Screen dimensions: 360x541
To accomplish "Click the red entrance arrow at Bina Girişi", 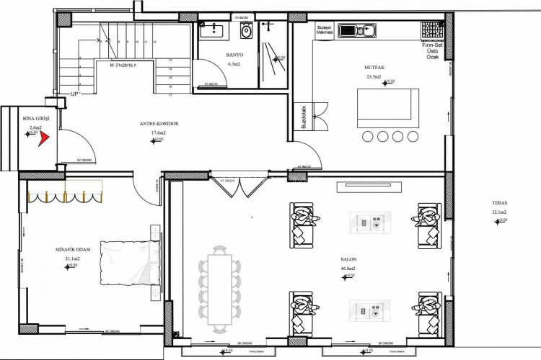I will click(x=43, y=137).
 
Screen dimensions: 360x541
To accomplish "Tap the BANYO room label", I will click(x=234, y=54).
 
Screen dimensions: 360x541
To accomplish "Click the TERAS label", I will click(x=499, y=203).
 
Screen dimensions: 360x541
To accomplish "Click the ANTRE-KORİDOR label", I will click(x=159, y=123).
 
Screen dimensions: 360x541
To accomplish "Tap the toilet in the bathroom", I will click(x=247, y=31).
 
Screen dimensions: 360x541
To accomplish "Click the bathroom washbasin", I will click(x=214, y=30).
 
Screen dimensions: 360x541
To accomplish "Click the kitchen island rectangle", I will click(x=388, y=108).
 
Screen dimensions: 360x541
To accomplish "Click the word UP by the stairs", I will click(x=74, y=94).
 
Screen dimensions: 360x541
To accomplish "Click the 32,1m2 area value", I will click(x=499, y=212).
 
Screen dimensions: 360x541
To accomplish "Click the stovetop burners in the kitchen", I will click(x=432, y=30).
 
